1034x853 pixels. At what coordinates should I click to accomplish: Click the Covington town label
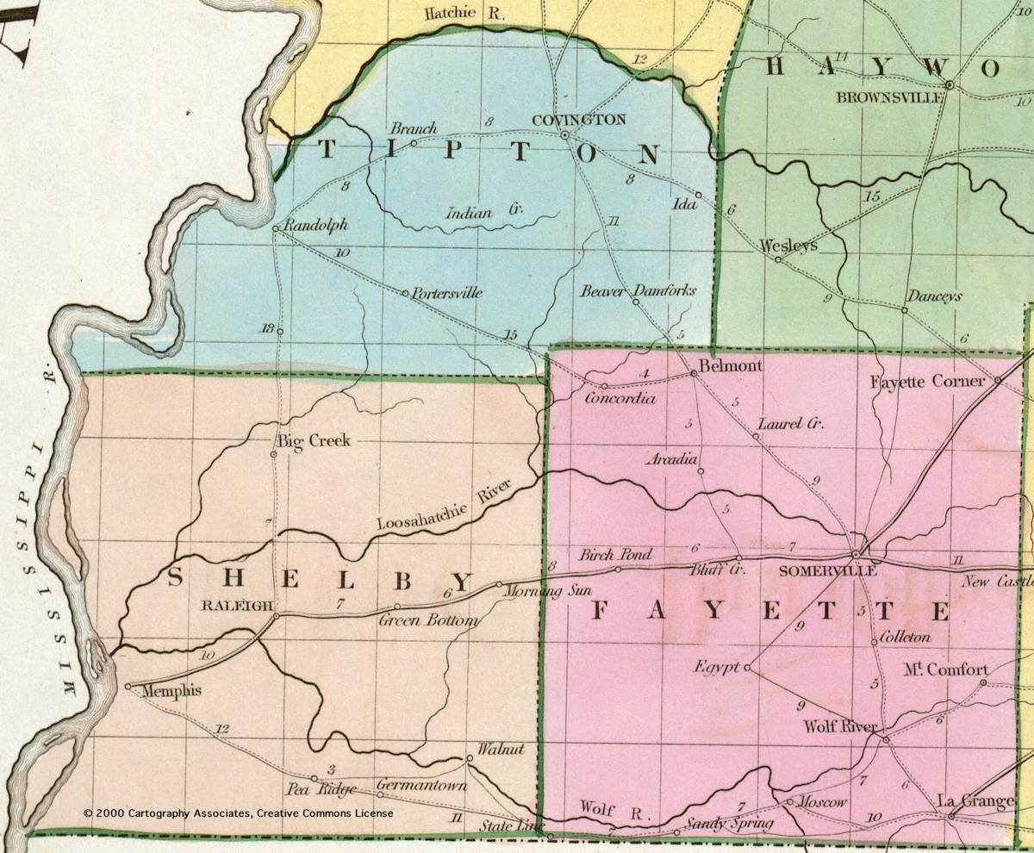578,120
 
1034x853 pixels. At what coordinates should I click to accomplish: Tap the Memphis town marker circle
128,687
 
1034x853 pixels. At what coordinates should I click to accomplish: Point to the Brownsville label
889,97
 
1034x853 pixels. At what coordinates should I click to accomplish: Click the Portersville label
446,293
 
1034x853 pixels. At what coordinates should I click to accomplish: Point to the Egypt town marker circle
747,667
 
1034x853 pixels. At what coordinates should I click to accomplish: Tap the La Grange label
975,801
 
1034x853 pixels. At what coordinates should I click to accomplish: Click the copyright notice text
238,813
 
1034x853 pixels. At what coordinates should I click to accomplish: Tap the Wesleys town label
788,246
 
